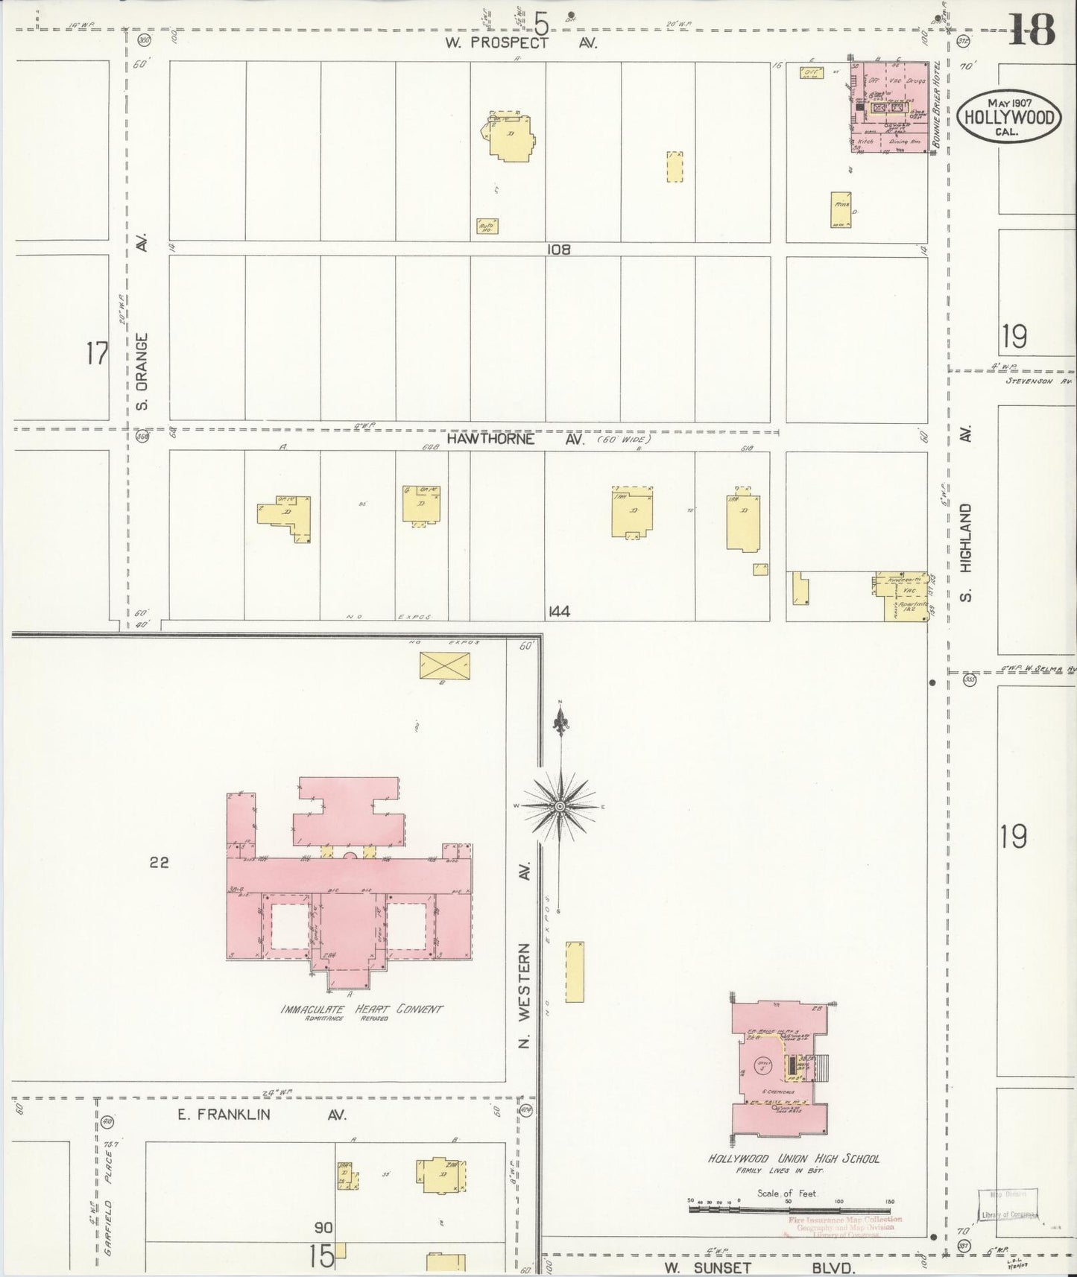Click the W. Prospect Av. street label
[521, 43]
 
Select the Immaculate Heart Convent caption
[361, 1010]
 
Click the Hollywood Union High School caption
[794, 1159]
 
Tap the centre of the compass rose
[559, 807]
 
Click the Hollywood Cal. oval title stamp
[1009, 117]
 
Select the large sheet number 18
[1033, 31]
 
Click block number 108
[558, 250]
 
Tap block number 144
[558, 612]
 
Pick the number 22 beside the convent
[159, 862]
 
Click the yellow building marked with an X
[444, 665]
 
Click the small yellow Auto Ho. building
[487, 226]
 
